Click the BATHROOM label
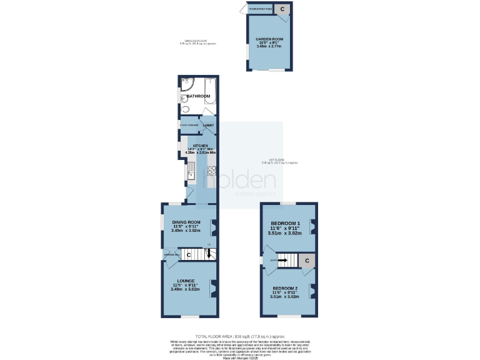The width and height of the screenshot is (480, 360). pos(198,96)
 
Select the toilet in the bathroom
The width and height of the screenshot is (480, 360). pos(185,109)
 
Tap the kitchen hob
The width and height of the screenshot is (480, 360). pos(212,169)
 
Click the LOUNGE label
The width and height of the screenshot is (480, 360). pos(186,281)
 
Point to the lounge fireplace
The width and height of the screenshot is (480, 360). pos(214,287)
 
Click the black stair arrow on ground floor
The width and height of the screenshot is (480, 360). pos(209,253)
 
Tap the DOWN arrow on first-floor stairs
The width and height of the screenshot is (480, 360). pos(282,260)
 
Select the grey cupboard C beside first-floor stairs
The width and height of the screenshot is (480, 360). pos(307,261)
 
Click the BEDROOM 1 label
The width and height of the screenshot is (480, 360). pos(286,224)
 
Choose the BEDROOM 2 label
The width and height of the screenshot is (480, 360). pos(286,288)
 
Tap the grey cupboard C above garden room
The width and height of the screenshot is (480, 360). pos(282,9)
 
